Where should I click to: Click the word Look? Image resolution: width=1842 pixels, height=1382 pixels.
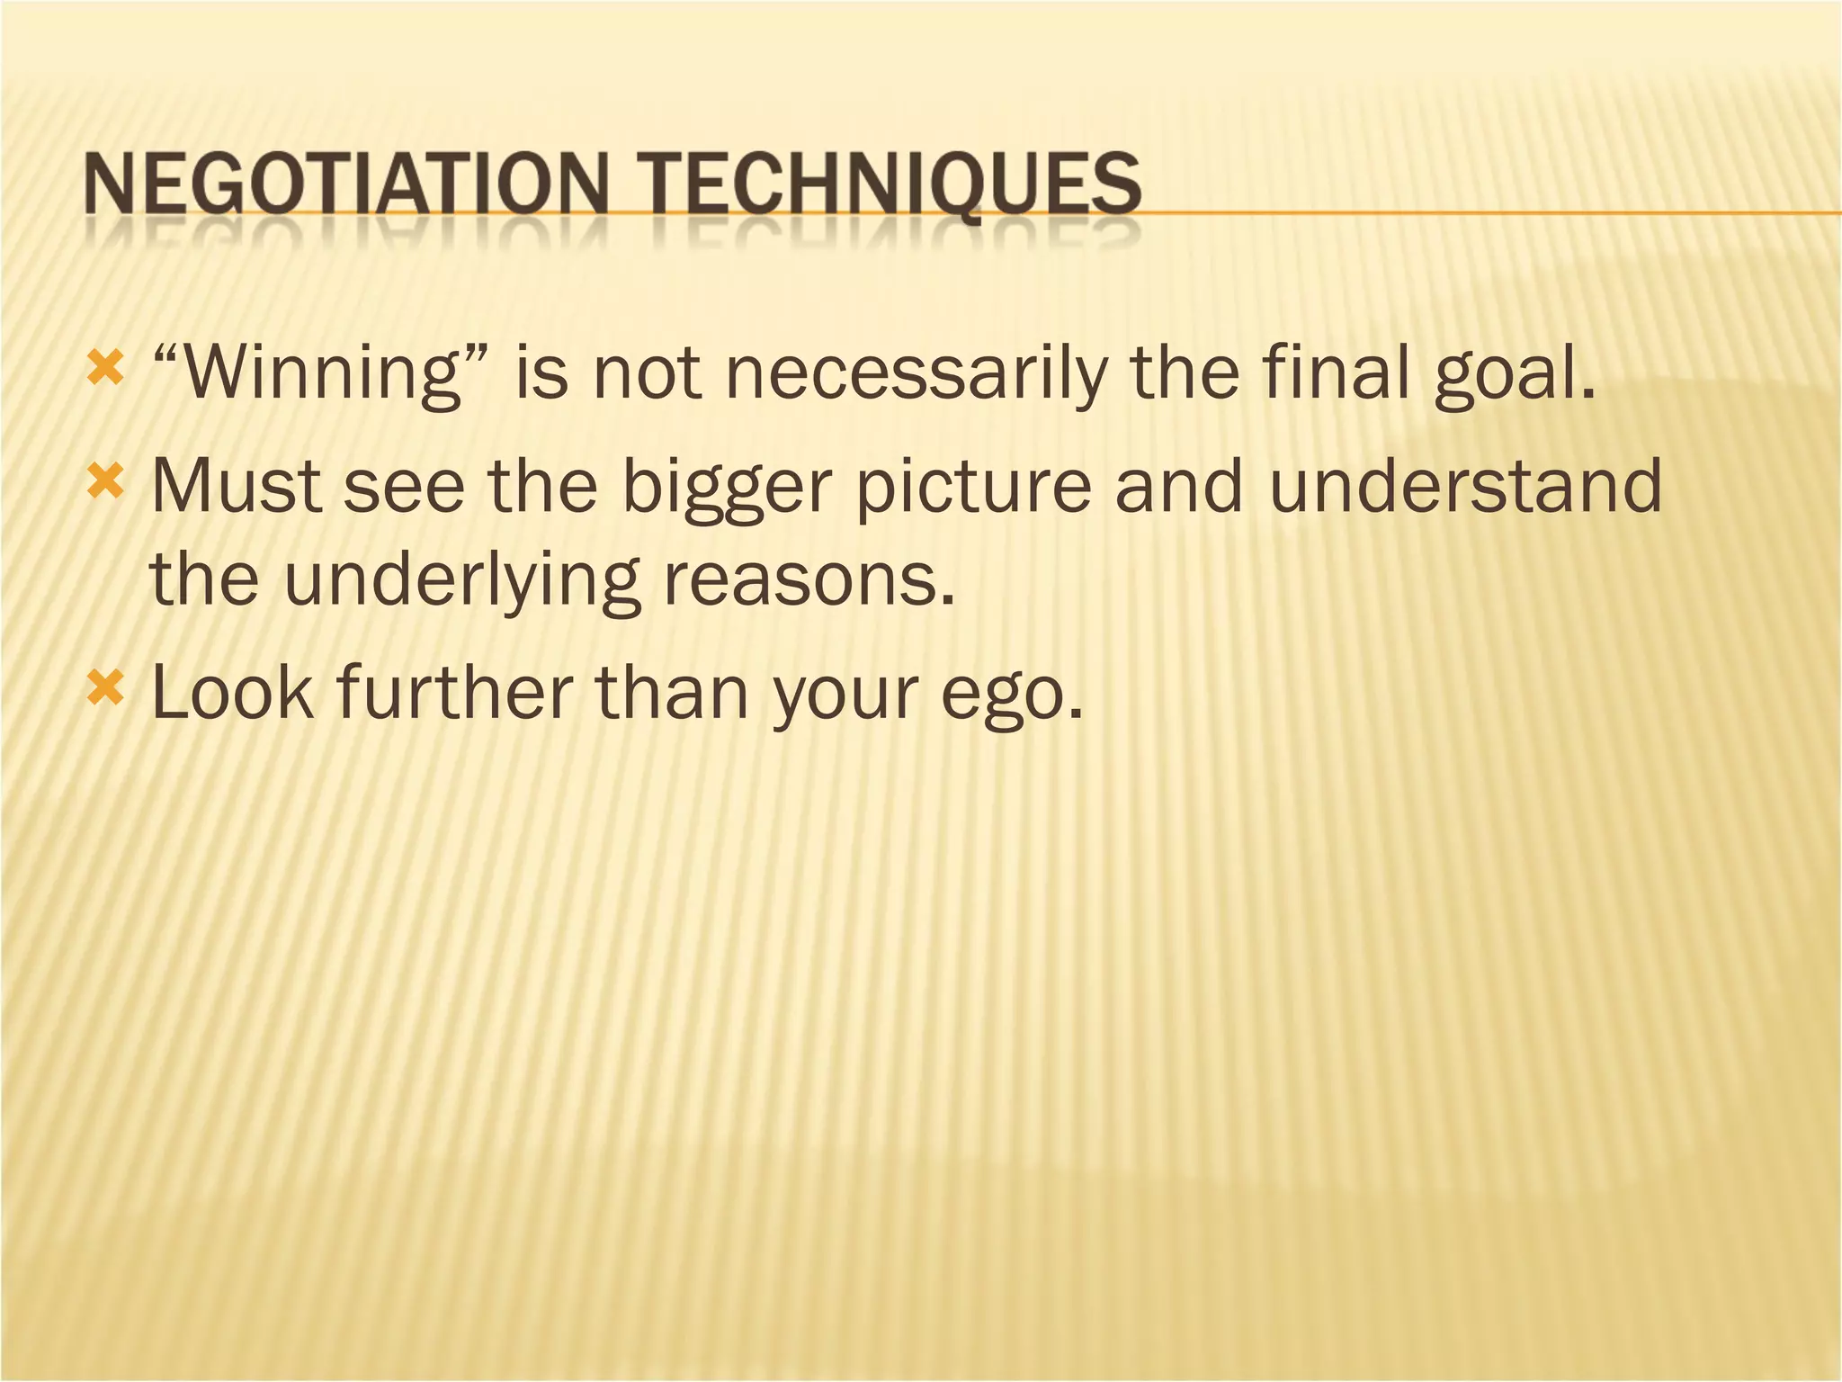pos(233,693)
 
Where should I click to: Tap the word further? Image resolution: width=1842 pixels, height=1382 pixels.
pos(454,693)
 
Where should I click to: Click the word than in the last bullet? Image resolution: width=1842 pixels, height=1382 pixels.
pos(672,693)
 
